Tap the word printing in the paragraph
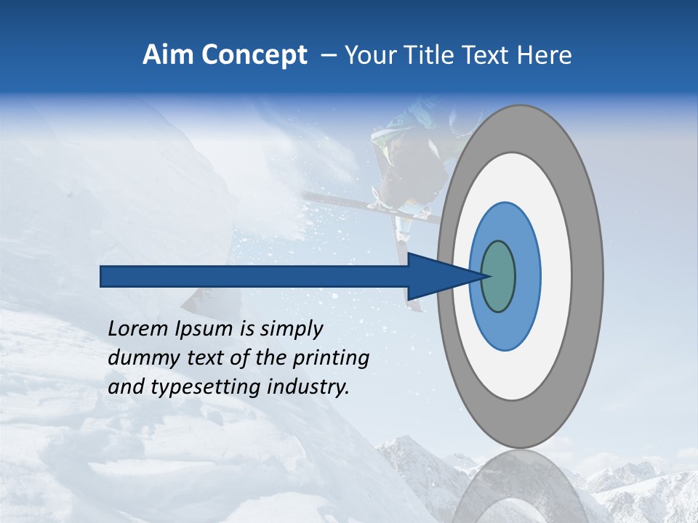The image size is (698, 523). coord(330,359)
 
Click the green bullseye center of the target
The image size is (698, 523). coord(499,276)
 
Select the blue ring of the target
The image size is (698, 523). coord(526,276)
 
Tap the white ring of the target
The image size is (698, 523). coord(556,276)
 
